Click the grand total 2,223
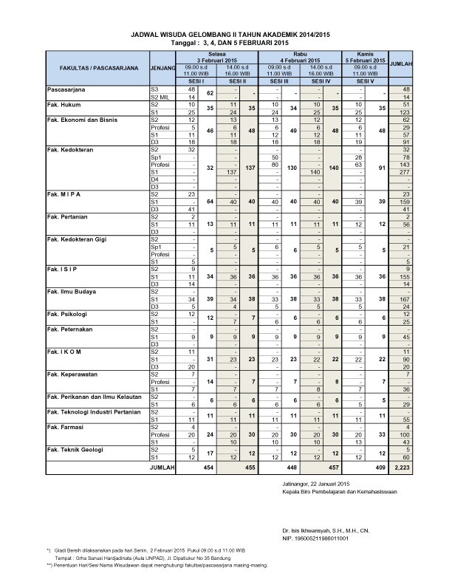(402, 468)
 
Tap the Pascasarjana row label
(66, 89)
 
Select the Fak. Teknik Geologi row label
(74, 448)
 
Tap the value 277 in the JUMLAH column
(403, 171)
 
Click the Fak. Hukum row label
(61, 104)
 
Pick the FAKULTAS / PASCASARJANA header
(93, 67)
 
